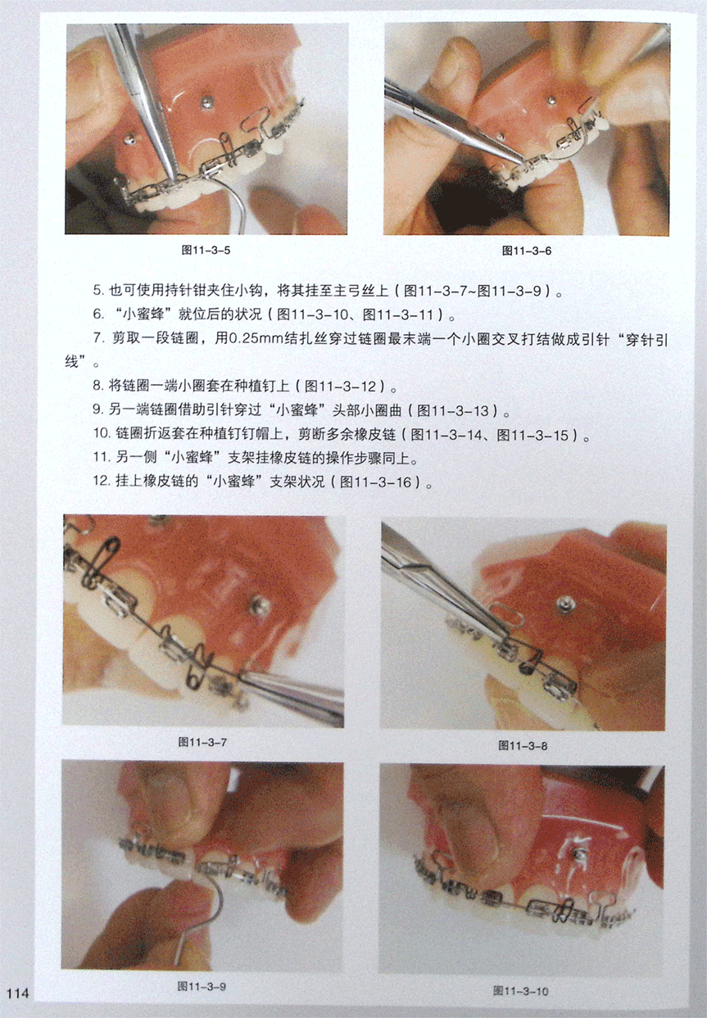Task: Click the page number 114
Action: [18, 992]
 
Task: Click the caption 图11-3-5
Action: [206, 250]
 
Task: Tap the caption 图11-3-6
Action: [527, 251]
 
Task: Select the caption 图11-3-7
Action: [202, 742]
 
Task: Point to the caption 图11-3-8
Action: [523, 744]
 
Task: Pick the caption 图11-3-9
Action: [202, 986]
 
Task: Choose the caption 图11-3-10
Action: [520, 991]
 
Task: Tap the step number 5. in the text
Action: [98, 291]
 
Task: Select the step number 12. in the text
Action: [101, 482]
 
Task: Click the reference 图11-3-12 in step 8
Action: [341, 387]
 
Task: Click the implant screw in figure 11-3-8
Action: [566, 604]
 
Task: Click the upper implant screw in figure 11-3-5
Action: [207, 102]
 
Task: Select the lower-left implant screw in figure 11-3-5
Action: [131, 139]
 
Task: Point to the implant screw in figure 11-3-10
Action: [579, 855]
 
